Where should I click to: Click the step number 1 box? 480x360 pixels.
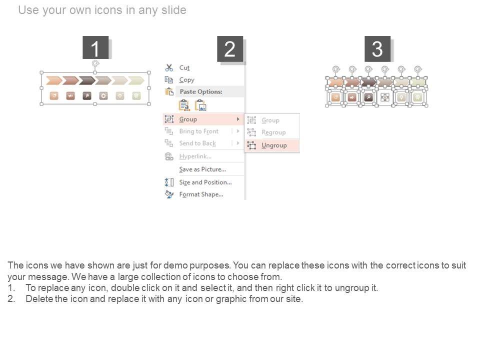[95, 47]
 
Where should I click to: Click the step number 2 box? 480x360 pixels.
[230, 49]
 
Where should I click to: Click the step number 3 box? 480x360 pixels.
[377, 49]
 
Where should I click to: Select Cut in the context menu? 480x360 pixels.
[184, 67]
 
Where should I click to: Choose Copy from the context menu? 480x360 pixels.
[186, 80]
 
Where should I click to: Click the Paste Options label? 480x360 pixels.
[201, 91]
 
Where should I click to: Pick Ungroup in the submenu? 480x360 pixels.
[274, 145]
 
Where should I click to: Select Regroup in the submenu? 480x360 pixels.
[273, 132]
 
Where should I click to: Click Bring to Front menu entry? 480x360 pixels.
[198, 131]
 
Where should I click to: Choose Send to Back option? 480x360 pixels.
[197, 143]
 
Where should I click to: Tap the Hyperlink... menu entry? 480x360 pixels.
[195, 156]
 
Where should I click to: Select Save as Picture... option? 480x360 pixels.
[202, 169]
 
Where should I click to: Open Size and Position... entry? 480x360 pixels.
[205, 182]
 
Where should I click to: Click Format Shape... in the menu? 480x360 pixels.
[201, 194]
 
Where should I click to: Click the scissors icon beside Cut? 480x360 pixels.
[169, 67]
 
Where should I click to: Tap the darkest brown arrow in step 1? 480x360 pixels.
[87, 81]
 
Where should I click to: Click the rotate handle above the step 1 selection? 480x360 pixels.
[95, 63]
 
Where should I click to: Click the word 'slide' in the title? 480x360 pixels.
[173, 10]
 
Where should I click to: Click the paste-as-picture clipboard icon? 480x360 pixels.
[201, 105]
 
